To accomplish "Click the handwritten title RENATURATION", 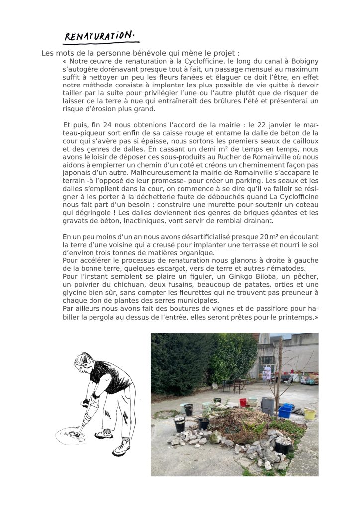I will [99, 36].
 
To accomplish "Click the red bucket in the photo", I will [243, 403].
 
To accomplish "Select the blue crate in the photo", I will [285, 411].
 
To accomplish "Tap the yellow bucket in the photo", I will [310, 413].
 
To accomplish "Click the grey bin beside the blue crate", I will [268, 406].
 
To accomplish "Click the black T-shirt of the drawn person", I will [111, 378].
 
